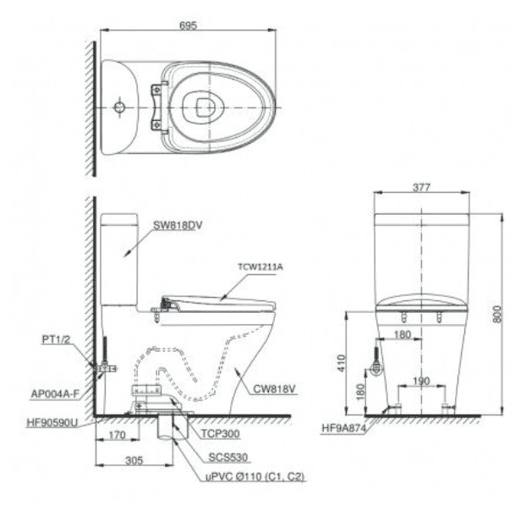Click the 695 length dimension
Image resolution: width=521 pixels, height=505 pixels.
tap(188, 25)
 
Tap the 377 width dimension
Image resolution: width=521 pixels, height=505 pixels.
tap(421, 188)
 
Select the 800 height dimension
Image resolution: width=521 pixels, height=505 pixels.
tap(497, 314)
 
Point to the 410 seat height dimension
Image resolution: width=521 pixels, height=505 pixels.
tap(342, 363)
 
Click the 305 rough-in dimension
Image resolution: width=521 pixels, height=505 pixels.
tap(134, 460)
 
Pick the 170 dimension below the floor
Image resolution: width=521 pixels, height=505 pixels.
tap(117, 435)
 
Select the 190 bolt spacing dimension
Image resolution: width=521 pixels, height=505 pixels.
tap(421, 381)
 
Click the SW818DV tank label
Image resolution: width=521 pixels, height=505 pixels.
tap(178, 225)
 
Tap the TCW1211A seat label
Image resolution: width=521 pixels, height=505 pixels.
tap(260, 266)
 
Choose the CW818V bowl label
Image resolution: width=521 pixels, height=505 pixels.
tap(274, 389)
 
